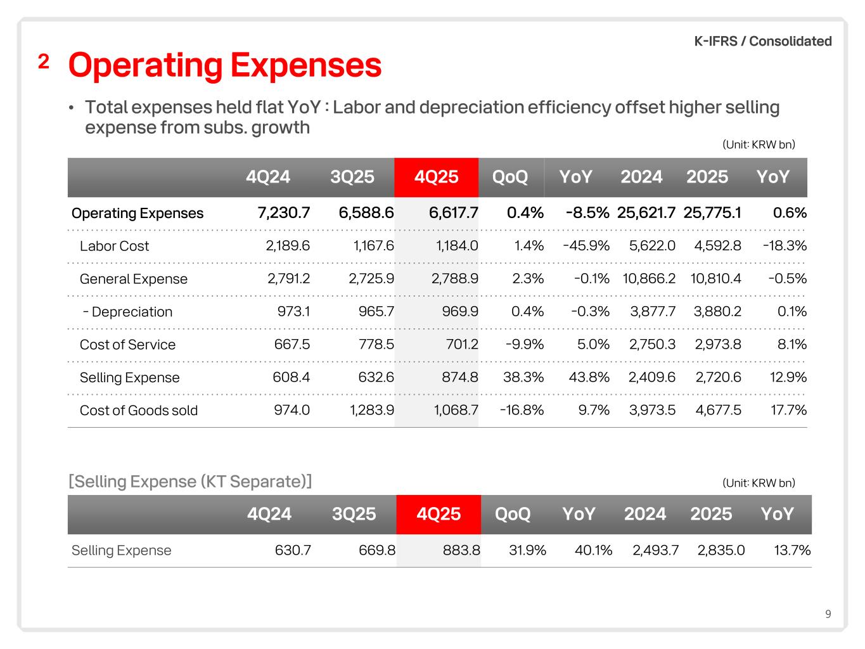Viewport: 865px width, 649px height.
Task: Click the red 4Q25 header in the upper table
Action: coord(436,177)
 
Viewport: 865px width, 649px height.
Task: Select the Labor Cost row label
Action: coord(114,246)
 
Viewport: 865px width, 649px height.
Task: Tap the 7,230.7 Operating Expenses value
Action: coord(284,213)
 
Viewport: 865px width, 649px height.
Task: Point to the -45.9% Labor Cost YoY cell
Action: coord(586,246)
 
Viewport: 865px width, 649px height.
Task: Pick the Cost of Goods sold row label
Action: coord(139,410)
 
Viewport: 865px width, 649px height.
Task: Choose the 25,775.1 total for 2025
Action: coord(712,213)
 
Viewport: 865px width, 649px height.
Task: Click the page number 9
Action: coord(828,614)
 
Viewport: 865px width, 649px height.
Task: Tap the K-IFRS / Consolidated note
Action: coord(763,41)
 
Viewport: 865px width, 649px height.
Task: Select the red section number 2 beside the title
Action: coord(44,62)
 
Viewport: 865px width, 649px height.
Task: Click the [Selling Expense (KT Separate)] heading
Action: coord(190,482)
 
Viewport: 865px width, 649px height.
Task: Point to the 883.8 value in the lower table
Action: coord(461,550)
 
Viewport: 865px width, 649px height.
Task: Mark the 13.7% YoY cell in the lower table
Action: coord(792,550)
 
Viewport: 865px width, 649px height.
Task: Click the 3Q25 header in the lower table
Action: coord(354,514)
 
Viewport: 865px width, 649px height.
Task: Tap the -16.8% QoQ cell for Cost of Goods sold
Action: coord(522,410)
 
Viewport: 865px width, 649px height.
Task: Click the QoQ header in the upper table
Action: coord(510,177)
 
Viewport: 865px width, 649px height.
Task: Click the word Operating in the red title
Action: coord(144,65)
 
